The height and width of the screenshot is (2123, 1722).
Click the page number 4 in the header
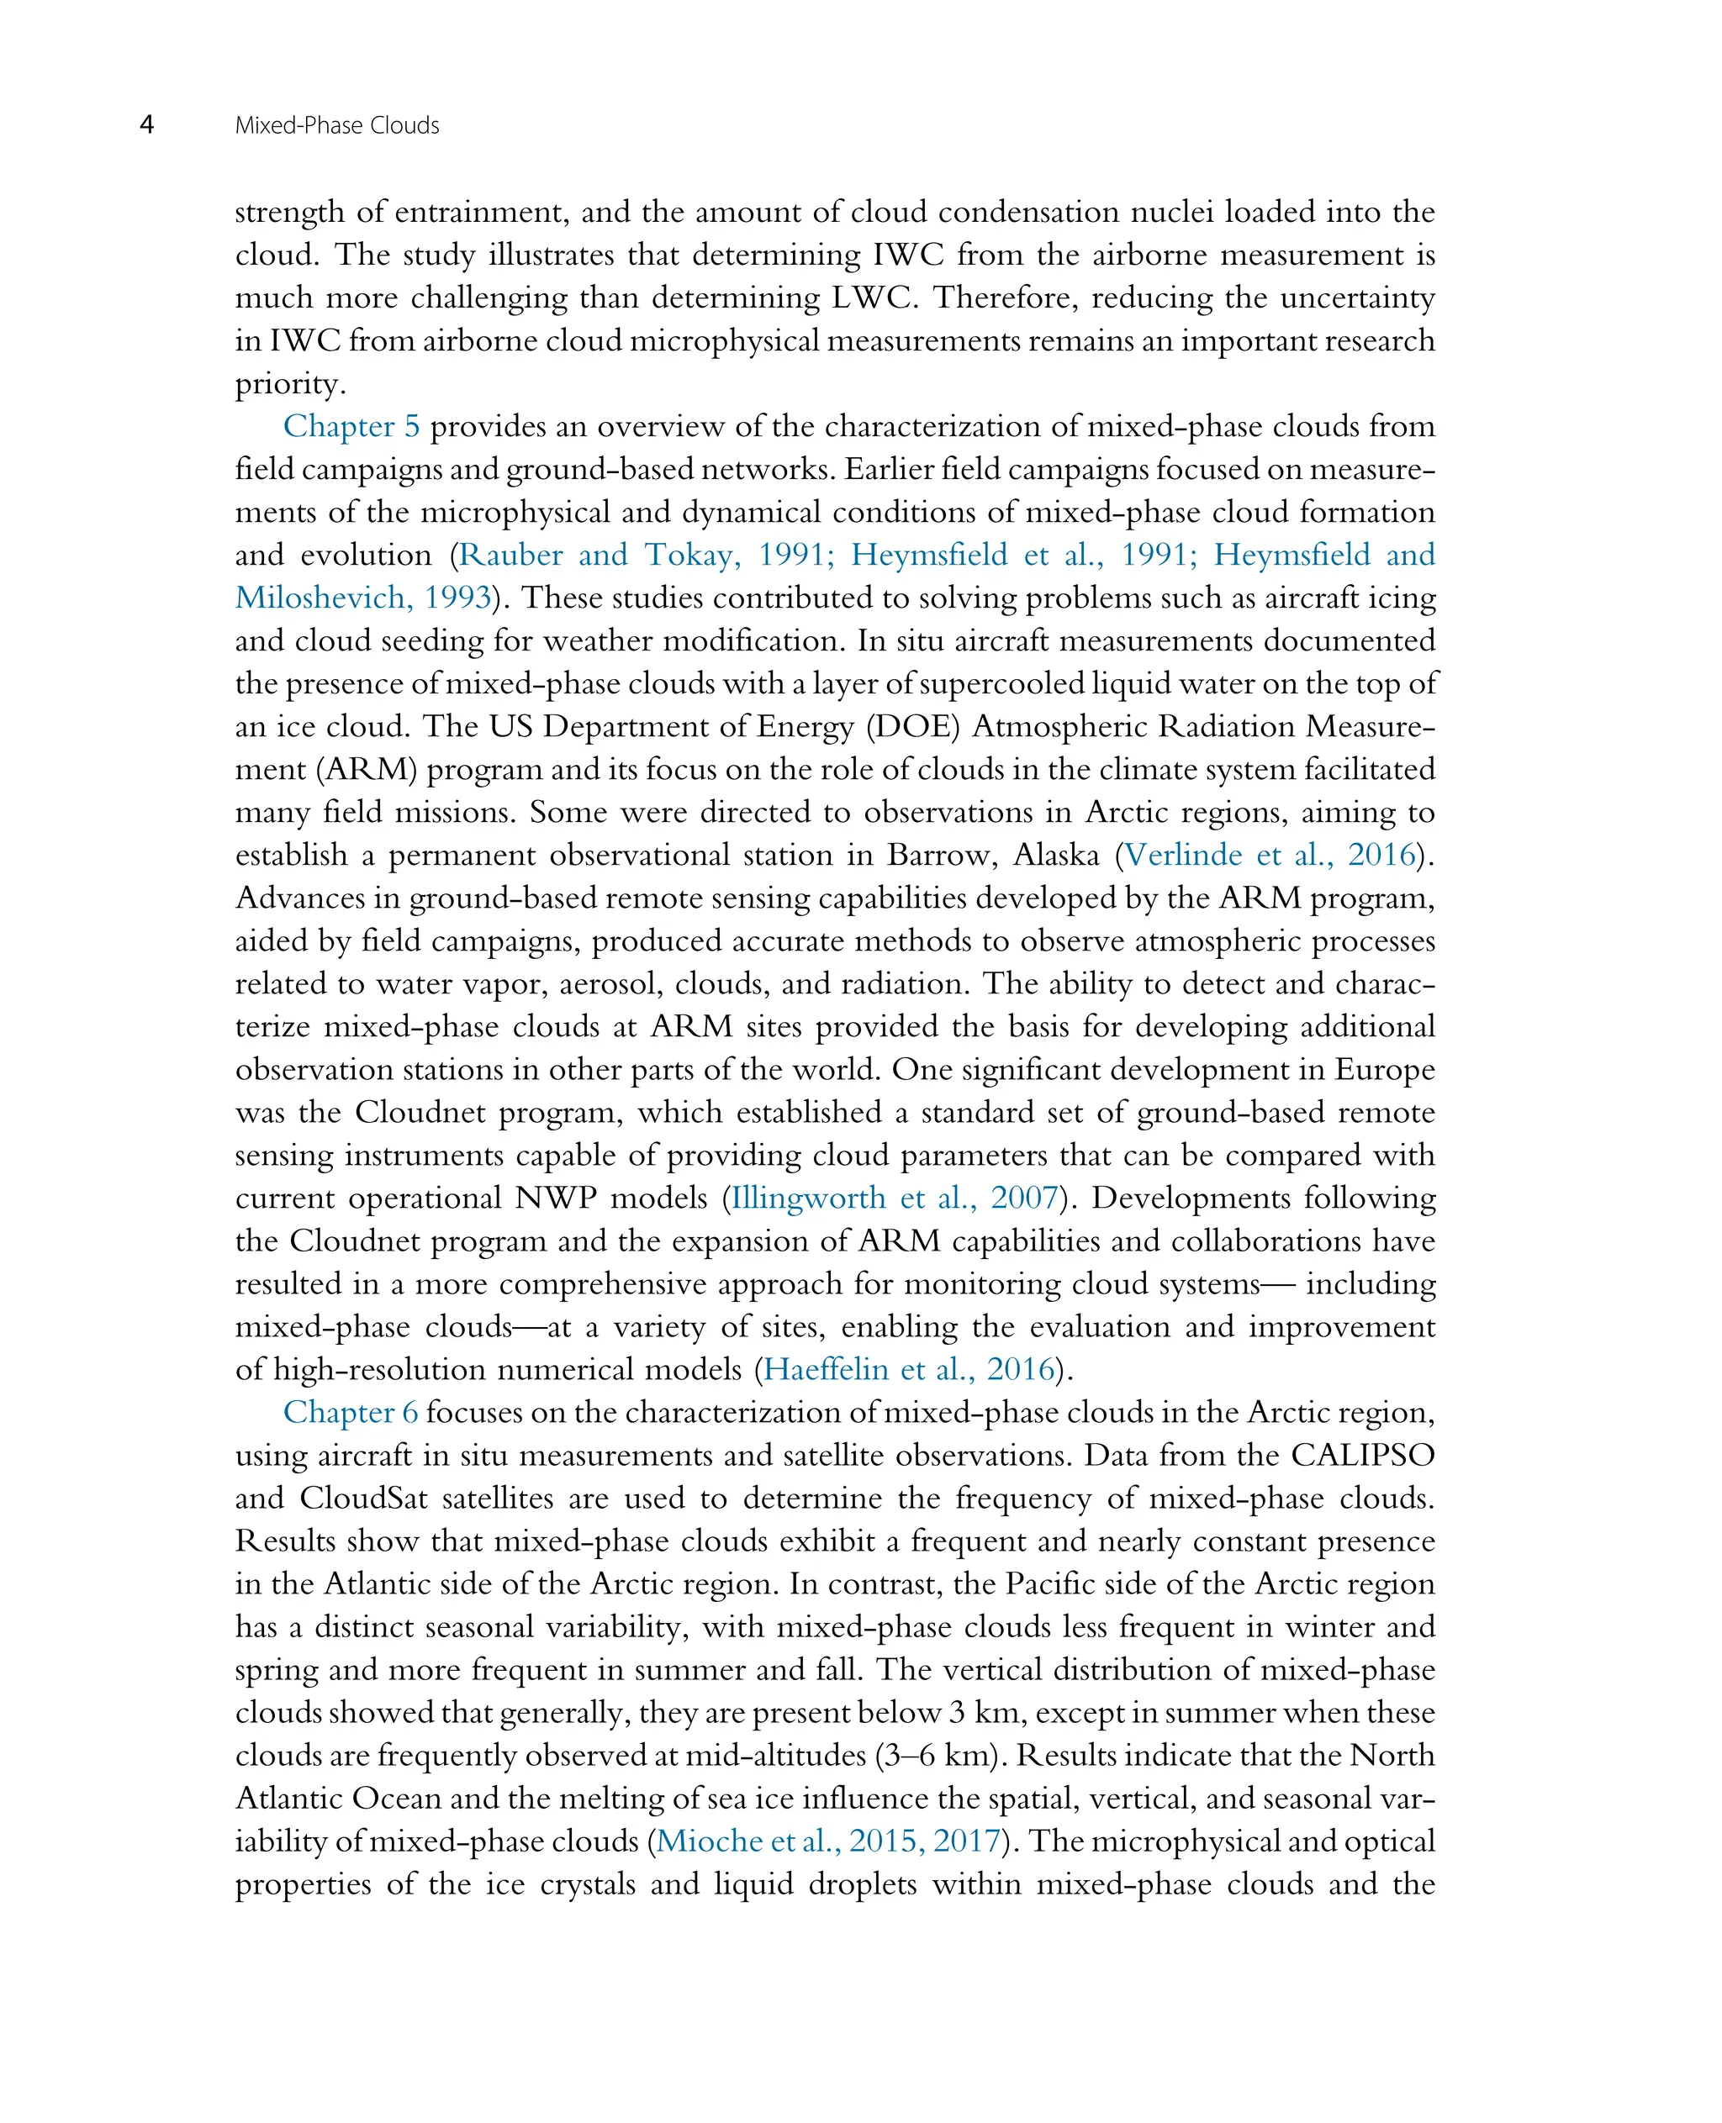[x=147, y=125]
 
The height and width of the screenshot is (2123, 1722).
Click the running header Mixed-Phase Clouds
[x=336, y=126]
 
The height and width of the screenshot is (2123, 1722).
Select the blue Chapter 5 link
[x=351, y=426]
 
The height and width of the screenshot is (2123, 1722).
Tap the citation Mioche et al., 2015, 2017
[x=827, y=1841]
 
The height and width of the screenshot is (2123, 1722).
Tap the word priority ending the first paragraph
[x=289, y=385]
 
